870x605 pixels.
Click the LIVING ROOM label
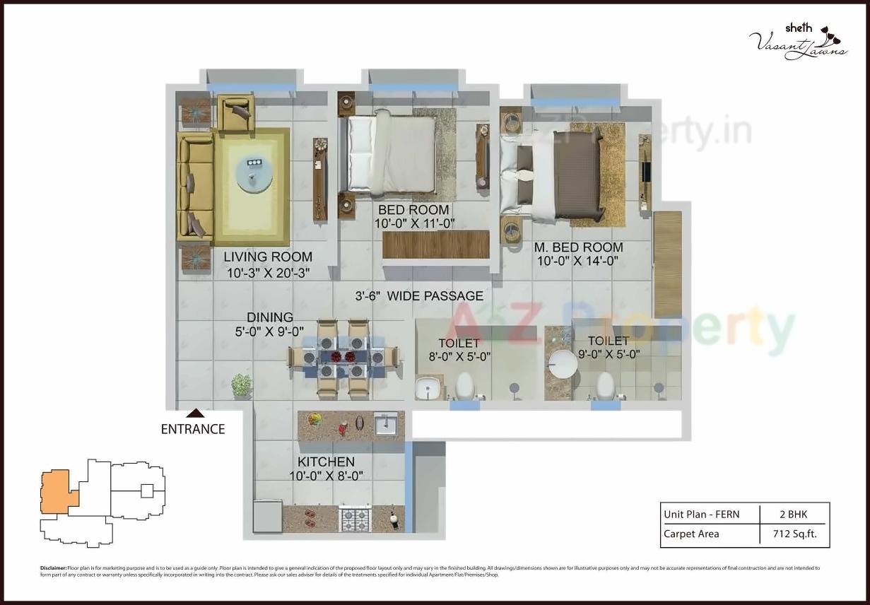click(268, 257)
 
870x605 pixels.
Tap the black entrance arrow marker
click(196, 413)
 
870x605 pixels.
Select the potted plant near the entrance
click(241, 385)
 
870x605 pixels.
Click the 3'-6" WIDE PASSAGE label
click(419, 296)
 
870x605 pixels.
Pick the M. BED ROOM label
click(578, 247)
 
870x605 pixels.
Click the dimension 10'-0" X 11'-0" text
click(413, 223)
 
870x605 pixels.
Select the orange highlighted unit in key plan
click(56, 491)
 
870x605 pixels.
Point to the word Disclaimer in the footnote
click(53, 568)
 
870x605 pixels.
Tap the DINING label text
click(269, 318)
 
